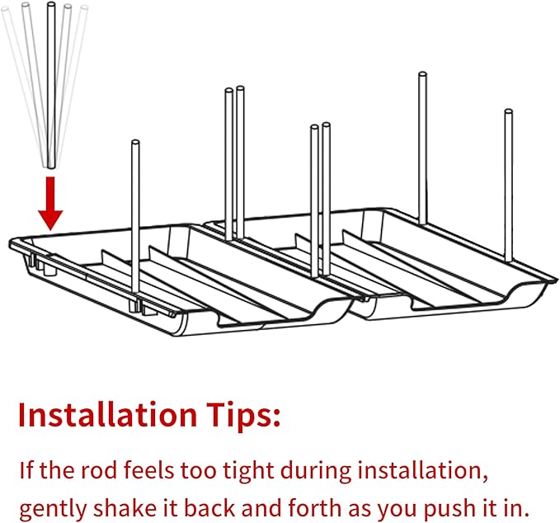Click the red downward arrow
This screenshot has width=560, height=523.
[x=50, y=203]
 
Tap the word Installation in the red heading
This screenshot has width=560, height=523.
[x=107, y=414]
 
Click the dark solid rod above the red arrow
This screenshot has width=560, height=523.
[x=51, y=85]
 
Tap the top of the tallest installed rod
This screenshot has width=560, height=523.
[x=422, y=75]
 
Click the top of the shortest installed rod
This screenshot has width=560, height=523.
[x=135, y=142]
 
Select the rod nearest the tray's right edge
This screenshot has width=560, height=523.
[x=509, y=185]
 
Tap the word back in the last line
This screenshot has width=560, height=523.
[x=209, y=507]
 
